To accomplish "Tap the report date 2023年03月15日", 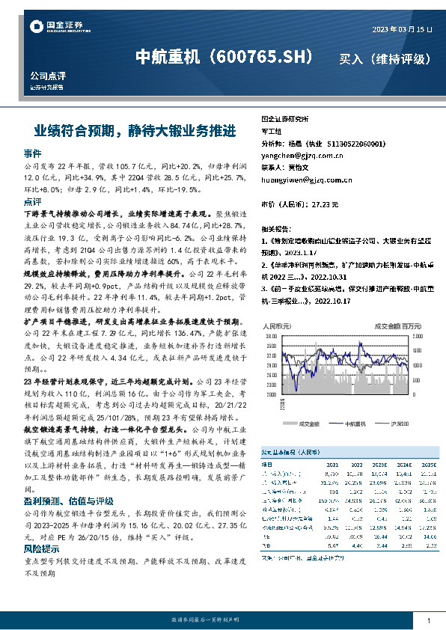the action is click(402, 29).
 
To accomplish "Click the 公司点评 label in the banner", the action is click(47, 77).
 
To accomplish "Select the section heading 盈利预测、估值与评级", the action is click(68, 480).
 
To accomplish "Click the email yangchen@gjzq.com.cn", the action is click(302, 156).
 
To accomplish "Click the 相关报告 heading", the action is click(276, 227).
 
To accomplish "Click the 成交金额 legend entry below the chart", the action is click(308, 423).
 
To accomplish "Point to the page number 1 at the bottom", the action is click(427, 620).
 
